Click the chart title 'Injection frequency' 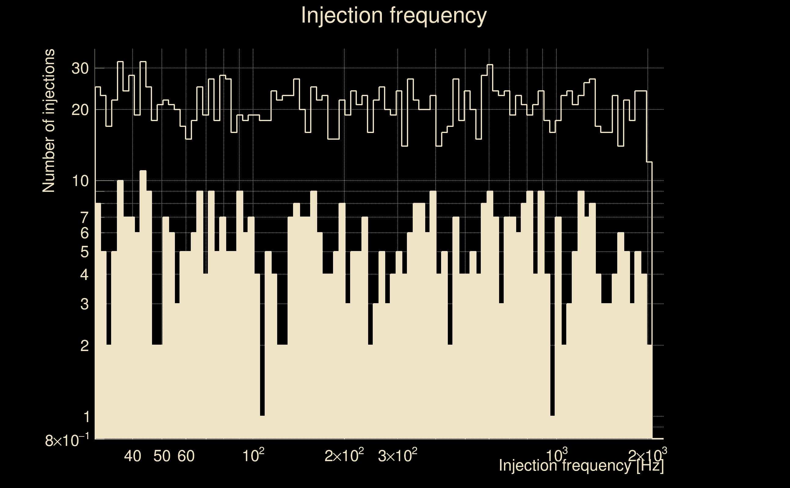[x=394, y=15]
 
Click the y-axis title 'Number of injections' [x=49, y=121]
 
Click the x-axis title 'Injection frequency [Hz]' [x=581, y=465]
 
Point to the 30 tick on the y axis [x=80, y=68]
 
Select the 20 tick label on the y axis [x=80, y=110]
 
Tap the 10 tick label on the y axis [x=80, y=181]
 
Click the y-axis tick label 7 [x=84, y=217]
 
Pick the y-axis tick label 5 [x=84, y=252]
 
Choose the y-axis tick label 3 [x=84, y=304]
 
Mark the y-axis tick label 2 [x=84, y=346]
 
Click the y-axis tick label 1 [x=86, y=417]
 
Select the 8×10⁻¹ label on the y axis [x=67, y=440]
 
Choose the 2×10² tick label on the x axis [x=344, y=456]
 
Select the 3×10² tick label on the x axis [x=397, y=456]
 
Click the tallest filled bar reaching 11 [x=143, y=290]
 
